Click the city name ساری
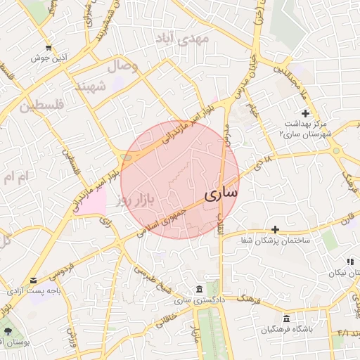coord(221,192)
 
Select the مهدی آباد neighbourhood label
coord(204,39)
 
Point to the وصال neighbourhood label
coord(122,67)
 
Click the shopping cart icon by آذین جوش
coord(48,48)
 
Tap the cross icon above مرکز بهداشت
coord(305,113)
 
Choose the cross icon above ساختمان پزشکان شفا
coord(275,229)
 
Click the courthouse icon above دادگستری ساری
coord(200,290)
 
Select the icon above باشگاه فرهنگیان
coord(286,318)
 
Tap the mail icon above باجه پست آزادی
coord(34,280)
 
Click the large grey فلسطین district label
coord(41,107)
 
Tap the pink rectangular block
coord(91,203)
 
